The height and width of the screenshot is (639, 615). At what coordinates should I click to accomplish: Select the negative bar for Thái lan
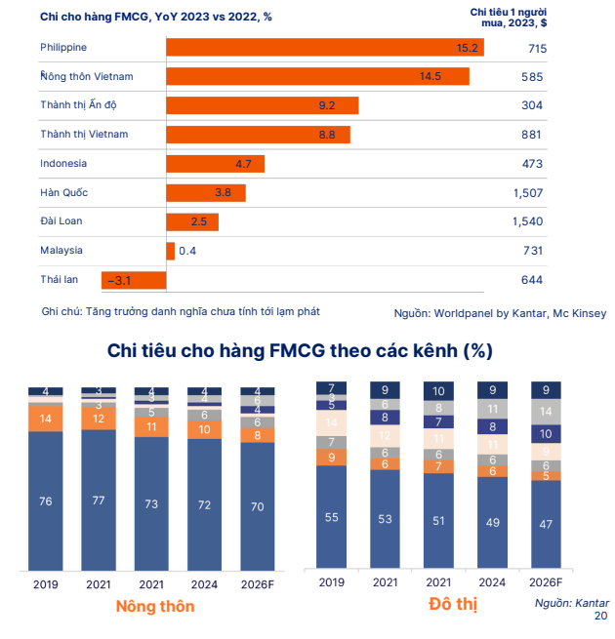coord(134,280)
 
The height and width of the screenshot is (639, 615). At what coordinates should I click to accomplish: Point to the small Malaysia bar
coord(171,251)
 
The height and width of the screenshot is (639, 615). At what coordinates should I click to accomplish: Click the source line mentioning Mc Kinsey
coord(500,313)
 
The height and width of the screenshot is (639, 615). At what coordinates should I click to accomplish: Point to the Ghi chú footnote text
coord(181,311)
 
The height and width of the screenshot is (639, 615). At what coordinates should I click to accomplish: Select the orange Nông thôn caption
coord(155,607)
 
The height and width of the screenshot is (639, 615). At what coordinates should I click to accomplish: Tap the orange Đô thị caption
coord(453,605)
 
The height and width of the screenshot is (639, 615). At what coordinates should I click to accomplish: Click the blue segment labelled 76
coord(46,501)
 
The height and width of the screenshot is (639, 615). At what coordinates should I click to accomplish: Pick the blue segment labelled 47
coord(546,523)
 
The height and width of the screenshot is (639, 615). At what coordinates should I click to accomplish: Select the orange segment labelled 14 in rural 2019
coord(46,418)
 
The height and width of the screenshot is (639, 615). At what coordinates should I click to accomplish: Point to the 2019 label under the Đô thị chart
coord(332,582)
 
